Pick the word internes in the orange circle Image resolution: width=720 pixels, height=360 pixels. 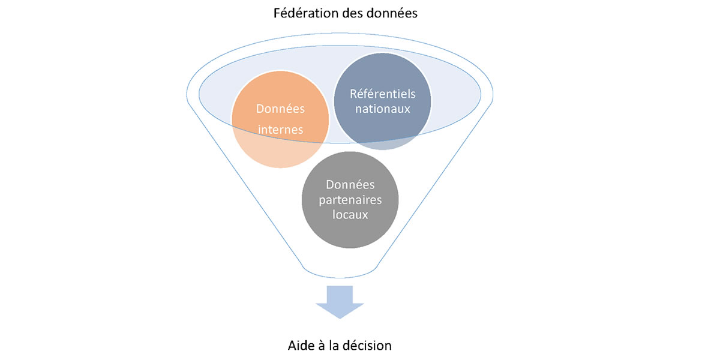[280, 129]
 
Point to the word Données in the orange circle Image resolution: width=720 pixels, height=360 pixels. [280, 109]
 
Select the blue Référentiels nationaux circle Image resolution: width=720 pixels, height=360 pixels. [382, 102]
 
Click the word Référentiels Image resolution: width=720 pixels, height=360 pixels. [382, 95]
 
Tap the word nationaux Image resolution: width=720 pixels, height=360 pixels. [382, 109]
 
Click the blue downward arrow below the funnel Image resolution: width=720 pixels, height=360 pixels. [340, 300]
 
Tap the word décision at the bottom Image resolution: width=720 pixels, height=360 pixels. [368, 346]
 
